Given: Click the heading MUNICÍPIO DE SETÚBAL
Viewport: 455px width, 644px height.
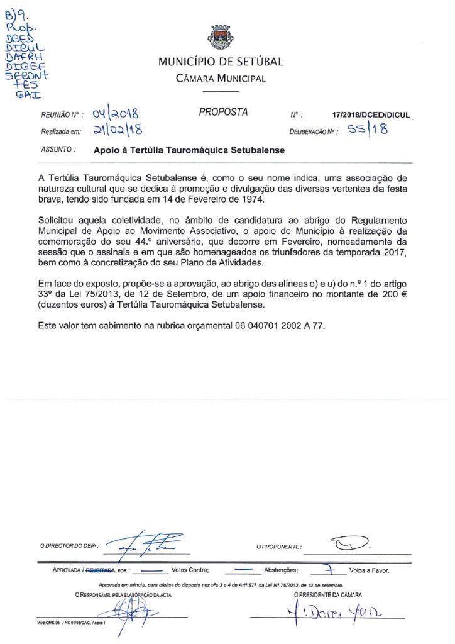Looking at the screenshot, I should point(221,62).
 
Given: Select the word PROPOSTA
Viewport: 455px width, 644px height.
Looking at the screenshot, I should point(223,113).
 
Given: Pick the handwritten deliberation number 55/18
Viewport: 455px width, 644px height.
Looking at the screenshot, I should point(368,131).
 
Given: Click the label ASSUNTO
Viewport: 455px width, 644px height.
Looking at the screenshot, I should point(58,150).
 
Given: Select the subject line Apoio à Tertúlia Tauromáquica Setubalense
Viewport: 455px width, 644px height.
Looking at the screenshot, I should point(189,151).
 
